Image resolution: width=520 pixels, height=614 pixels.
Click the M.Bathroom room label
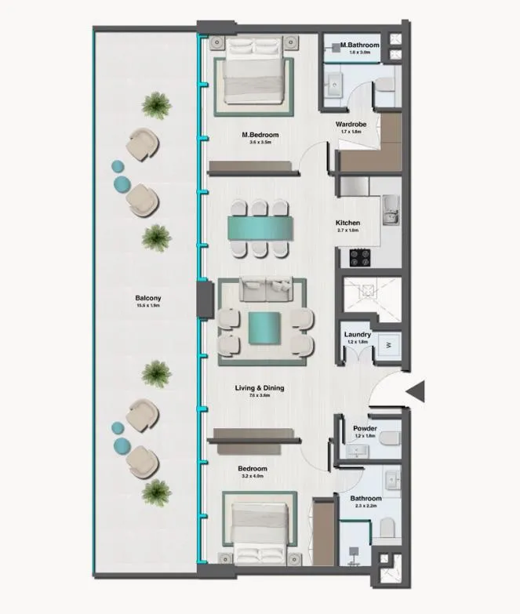(x=360, y=45)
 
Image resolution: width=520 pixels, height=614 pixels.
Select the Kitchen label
(x=347, y=223)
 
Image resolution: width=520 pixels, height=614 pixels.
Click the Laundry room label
(x=357, y=335)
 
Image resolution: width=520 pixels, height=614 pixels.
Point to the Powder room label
(x=364, y=429)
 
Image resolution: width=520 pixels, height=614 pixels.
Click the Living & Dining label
(x=260, y=388)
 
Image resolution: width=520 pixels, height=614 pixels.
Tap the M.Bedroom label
(x=260, y=136)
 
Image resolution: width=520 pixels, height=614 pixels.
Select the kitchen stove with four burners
(x=360, y=256)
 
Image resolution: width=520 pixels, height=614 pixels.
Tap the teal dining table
(x=260, y=228)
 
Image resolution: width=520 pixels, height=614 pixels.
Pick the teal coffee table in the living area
(x=264, y=328)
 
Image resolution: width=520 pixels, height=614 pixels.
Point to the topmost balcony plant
(x=157, y=103)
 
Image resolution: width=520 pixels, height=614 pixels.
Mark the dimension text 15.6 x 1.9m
(x=147, y=306)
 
